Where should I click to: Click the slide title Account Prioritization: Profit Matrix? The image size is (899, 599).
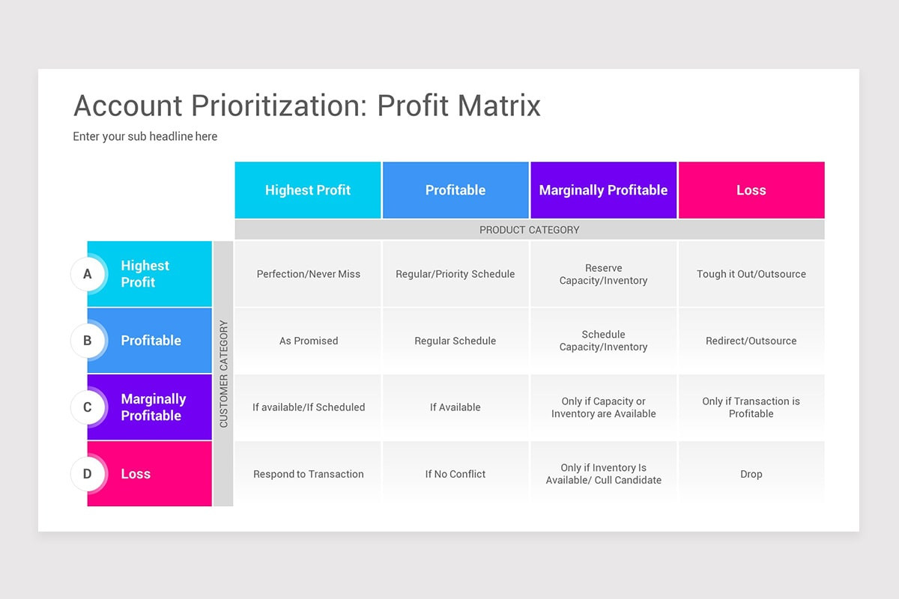tap(306, 106)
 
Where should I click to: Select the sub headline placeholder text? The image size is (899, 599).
tap(145, 136)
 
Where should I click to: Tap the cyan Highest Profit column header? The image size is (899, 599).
tap(308, 190)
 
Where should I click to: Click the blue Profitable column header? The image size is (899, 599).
tap(455, 190)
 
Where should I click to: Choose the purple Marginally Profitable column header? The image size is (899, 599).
tap(603, 190)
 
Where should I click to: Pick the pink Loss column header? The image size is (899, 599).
tap(751, 190)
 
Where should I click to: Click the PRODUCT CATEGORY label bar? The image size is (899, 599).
tap(529, 230)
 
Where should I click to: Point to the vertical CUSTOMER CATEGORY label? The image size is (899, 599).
tap(223, 374)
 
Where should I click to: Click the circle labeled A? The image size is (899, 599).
tap(88, 274)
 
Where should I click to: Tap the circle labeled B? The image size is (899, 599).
tap(88, 341)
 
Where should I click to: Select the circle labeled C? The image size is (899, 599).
tap(88, 407)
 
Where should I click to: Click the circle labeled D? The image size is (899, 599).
tap(88, 474)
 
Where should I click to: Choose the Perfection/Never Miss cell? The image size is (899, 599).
tap(308, 274)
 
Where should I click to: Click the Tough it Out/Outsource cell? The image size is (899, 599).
tap(751, 274)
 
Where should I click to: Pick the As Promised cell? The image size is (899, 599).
tap(308, 341)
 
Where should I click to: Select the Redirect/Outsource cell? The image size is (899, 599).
tap(751, 341)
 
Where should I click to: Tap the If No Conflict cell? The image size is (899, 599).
tap(455, 474)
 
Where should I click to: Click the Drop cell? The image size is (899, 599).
tap(751, 474)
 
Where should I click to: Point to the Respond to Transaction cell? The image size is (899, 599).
tap(308, 474)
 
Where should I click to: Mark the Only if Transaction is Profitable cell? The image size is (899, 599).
tap(751, 407)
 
